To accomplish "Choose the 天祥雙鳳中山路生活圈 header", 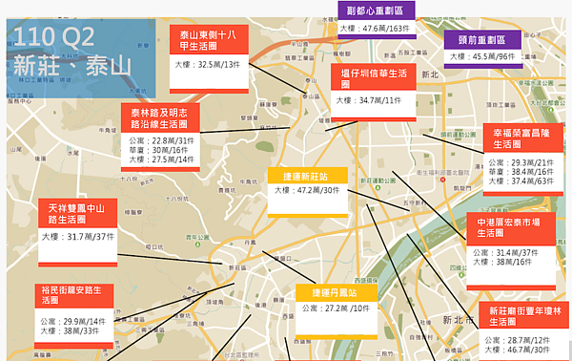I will tap(77, 212).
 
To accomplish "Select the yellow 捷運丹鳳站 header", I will tap(333, 292).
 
